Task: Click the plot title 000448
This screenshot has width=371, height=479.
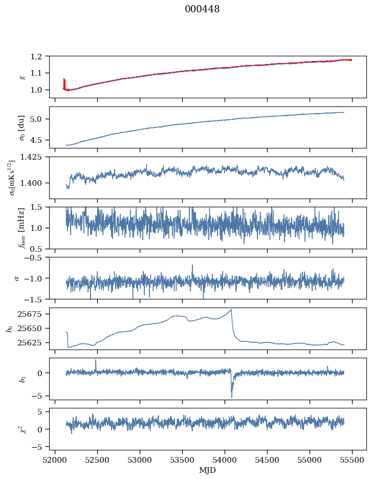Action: tap(202, 9)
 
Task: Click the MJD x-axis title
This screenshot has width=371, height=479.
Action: tap(207, 470)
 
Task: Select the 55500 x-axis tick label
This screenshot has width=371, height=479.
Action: tap(352, 460)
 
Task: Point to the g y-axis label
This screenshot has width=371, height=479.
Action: tap(22, 77)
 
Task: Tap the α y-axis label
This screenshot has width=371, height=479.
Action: tap(17, 278)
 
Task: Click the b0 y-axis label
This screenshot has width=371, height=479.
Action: tap(9, 329)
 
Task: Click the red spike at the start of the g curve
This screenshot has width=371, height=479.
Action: tap(64, 82)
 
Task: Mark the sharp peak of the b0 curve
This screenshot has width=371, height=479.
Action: tap(231, 309)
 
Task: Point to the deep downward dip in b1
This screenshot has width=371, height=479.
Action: tap(231, 396)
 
